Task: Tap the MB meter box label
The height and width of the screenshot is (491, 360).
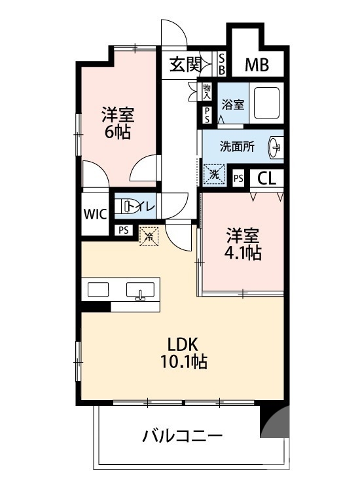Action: click(x=256, y=64)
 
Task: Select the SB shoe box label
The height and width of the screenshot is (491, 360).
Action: click(x=221, y=64)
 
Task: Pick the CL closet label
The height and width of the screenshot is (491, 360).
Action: click(x=266, y=177)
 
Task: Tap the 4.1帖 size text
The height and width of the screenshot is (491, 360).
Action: click(x=244, y=253)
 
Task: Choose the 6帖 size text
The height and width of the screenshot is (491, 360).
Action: click(x=118, y=132)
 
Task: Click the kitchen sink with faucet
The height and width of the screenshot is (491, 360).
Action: click(x=139, y=291)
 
